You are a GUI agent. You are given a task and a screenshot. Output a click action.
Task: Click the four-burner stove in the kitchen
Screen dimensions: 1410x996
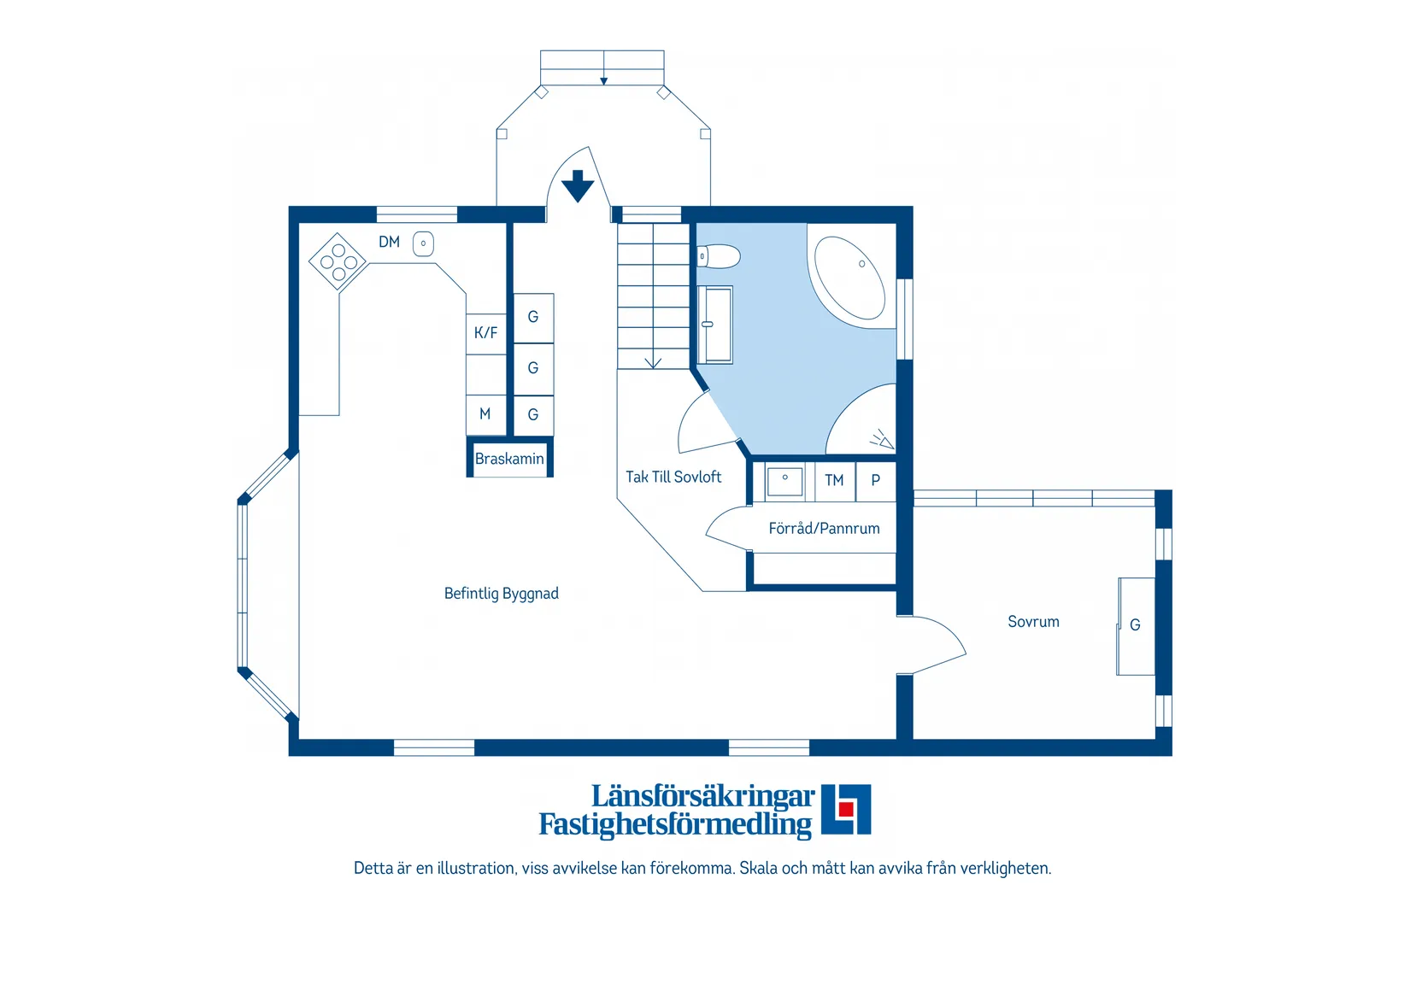click(x=338, y=261)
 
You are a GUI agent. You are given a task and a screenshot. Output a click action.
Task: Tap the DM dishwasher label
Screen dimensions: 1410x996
click(x=389, y=242)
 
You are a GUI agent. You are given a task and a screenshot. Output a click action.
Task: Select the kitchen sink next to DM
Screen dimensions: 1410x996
click(x=423, y=244)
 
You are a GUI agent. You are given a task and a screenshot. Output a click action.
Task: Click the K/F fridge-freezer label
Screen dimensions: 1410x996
click(x=485, y=332)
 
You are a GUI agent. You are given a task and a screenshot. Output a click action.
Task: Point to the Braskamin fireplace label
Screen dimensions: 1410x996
click(x=509, y=459)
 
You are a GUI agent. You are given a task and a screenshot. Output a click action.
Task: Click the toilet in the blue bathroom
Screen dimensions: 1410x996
click(x=718, y=256)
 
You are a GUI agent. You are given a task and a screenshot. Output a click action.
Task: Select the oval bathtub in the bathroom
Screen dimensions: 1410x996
click(x=849, y=278)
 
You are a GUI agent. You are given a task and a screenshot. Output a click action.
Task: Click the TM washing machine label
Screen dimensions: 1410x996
click(x=834, y=481)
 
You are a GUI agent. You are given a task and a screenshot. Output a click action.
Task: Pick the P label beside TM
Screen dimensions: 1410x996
click(x=876, y=480)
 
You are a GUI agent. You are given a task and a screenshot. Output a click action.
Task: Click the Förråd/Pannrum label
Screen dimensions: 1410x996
click(x=824, y=529)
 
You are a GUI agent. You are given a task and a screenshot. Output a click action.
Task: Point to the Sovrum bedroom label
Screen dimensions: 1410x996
click(x=1033, y=622)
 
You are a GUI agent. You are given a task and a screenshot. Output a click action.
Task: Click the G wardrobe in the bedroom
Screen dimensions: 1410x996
click(x=1136, y=626)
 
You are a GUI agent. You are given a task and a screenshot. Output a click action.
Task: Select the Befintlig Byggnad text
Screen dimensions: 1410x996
click(x=501, y=594)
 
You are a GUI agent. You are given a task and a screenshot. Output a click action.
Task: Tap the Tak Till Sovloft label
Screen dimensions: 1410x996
click(x=673, y=477)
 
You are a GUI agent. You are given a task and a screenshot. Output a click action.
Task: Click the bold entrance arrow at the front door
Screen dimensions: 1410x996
click(x=578, y=186)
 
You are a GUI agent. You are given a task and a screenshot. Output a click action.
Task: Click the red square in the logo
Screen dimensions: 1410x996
click(x=846, y=809)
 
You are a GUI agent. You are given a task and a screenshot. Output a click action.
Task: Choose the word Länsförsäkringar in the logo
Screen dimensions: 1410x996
click(x=703, y=797)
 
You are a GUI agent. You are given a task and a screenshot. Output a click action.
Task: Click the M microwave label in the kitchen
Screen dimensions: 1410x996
click(x=485, y=414)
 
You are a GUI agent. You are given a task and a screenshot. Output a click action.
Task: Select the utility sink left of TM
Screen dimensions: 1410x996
click(x=784, y=482)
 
